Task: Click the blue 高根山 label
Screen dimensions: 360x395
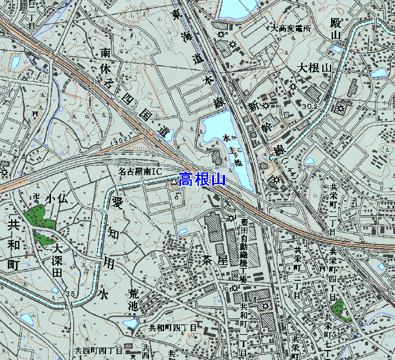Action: tap(202, 179)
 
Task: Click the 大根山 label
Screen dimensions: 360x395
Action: tap(314, 67)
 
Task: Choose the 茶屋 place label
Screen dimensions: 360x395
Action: tap(214, 259)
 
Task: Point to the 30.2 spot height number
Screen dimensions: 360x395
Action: tap(311, 106)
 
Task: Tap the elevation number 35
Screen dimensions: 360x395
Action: tap(71, 293)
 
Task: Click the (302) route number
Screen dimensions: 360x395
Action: tap(120, 141)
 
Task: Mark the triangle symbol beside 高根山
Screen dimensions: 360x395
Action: tap(173, 183)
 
